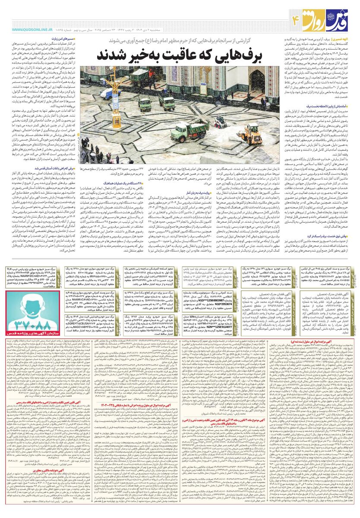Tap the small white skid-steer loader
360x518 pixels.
[x=218, y=121]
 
